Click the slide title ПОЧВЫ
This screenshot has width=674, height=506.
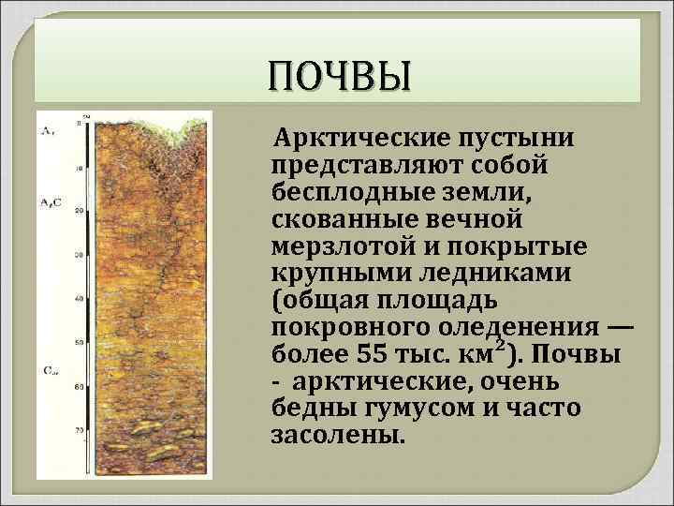click(x=338, y=76)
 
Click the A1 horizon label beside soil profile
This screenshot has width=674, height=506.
click(x=46, y=130)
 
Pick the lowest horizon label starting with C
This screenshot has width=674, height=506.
click(x=49, y=371)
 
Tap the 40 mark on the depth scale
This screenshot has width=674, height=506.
click(x=80, y=298)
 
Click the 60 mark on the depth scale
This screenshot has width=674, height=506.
click(x=80, y=385)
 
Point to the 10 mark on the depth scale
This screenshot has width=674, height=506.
click(x=80, y=168)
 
